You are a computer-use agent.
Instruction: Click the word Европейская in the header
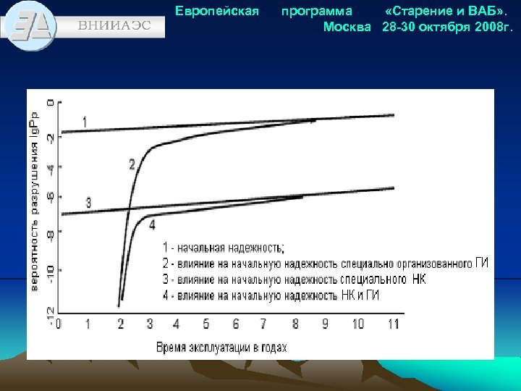point(217,12)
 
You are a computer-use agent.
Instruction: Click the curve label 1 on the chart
point(85,121)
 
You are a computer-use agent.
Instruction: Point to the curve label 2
point(132,164)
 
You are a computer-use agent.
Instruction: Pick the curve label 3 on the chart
point(88,202)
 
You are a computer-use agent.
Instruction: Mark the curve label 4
point(152,224)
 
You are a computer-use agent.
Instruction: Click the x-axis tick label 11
point(393,324)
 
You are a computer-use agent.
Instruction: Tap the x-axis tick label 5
point(206,324)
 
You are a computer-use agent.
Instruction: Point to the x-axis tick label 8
point(295,324)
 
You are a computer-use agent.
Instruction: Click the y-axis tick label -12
point(49,313)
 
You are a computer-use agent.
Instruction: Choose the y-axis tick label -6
point(49,196)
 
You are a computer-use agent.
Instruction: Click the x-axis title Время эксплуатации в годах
point(221,346)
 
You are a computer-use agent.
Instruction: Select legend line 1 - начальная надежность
point(224,247)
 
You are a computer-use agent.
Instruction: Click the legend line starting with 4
point(270,295)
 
